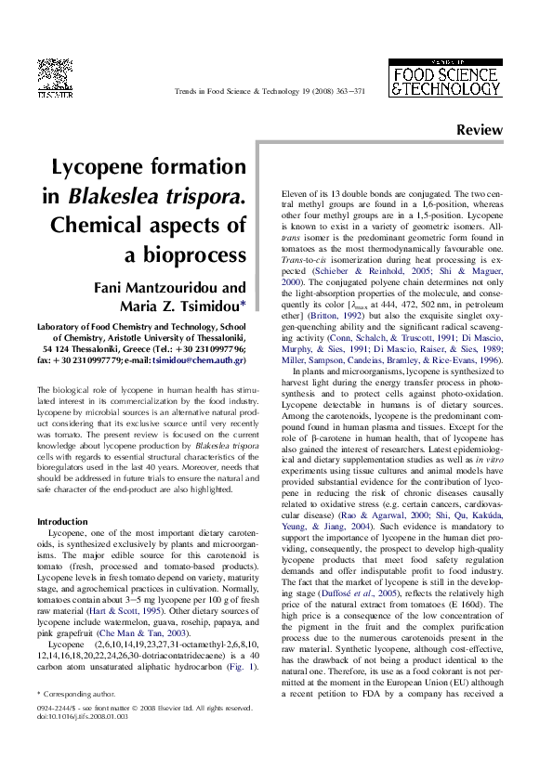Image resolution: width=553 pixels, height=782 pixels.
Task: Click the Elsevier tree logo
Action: click(55, 77)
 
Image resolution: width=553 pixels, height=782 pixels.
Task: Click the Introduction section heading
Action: click(61, 521)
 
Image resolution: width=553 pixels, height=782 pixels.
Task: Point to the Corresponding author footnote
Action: click(78, 694)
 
